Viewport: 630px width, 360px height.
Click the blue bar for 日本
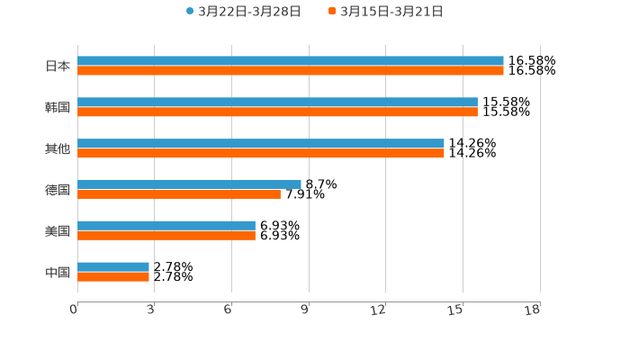(291, 61)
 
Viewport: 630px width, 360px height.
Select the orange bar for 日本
(291, 71)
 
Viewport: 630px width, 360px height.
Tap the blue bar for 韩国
(277, 103)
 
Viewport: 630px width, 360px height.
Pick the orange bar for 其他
(261, 154)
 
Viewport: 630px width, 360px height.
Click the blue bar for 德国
(189, 184)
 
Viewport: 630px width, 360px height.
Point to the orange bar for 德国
(179, 193)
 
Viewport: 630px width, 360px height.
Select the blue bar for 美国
(166, 225)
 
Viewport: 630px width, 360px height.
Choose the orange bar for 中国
(113, 276)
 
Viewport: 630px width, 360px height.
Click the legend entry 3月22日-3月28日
(249, 12)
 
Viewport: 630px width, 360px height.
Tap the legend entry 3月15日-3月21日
(391, 12)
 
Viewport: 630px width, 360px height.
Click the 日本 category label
(58, 66)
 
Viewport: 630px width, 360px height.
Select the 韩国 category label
(58, 107)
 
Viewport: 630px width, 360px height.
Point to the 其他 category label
(58, 148)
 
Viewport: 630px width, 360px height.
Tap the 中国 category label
(58, 272)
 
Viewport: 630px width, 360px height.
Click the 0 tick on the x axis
(75, 310)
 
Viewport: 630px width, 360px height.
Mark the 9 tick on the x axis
(306, 310)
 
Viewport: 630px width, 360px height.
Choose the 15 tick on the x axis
(458, 310)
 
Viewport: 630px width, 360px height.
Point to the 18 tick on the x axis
(535, 310)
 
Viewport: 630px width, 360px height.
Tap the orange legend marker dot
(332, 12)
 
